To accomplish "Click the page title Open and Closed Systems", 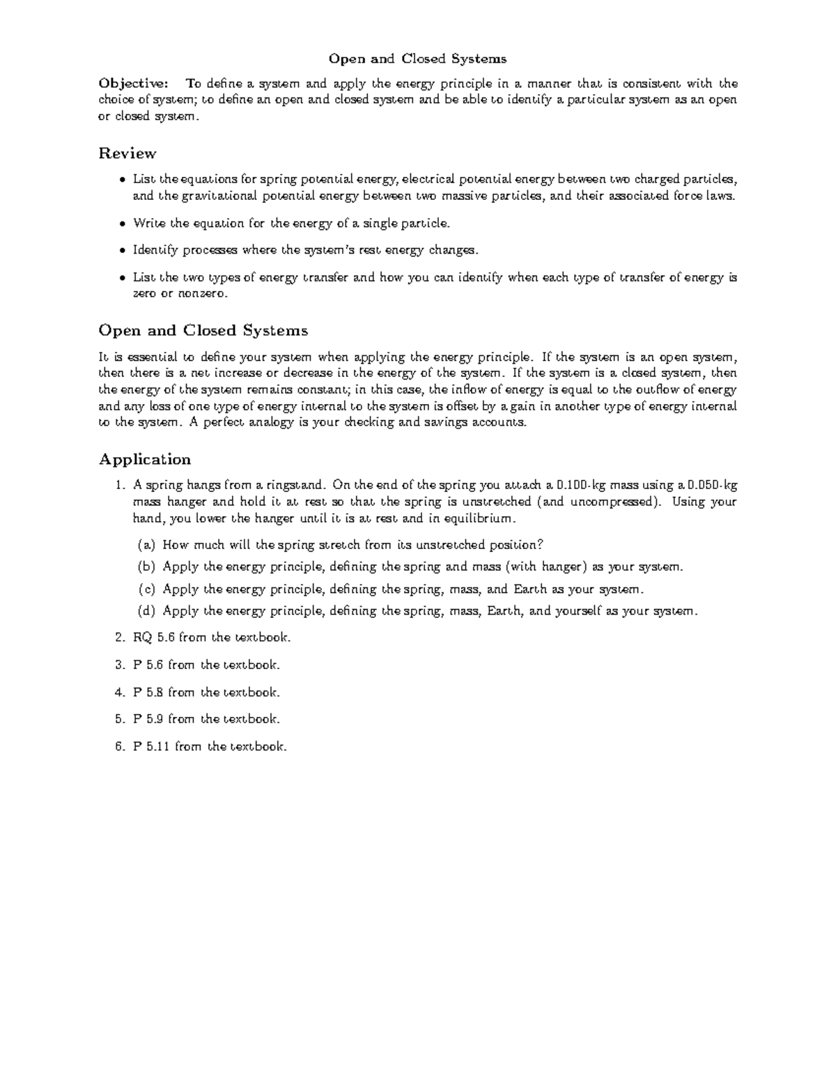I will (417, 59).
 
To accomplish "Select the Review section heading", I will (127, 153).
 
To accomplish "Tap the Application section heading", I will (145, 459).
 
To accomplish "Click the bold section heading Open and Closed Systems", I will (203, 330).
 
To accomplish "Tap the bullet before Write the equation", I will (123, 224).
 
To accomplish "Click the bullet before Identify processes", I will (123, 251).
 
